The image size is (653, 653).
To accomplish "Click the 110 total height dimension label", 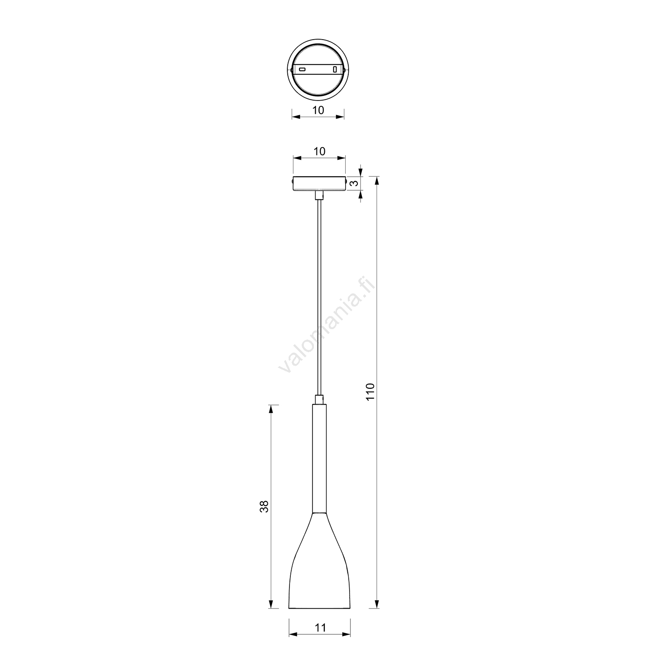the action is point(370,392).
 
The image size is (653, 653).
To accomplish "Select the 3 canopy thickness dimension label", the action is point(356,183).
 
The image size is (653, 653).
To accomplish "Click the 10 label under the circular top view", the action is point(318,110).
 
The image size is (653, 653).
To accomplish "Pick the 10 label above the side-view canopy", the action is point(320,151).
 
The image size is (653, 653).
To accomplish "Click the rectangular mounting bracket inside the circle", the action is point(318,69).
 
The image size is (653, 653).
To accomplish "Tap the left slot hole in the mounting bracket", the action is point(302,69).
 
